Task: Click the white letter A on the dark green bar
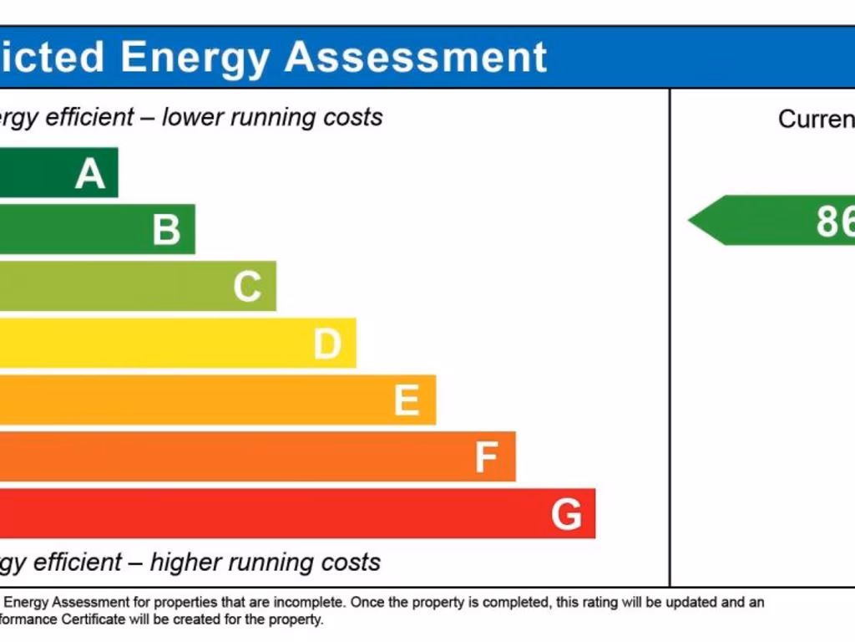pos(90,174)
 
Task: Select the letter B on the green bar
pos(166,230)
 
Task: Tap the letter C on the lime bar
pos(247,287)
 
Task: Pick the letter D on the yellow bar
pos(327,344)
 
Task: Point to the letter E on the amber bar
pos(407,401)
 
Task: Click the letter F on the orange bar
pos(486,458)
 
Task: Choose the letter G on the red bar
pos(566,515)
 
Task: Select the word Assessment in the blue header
pos(416,57)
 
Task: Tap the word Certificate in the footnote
pos(102,620)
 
